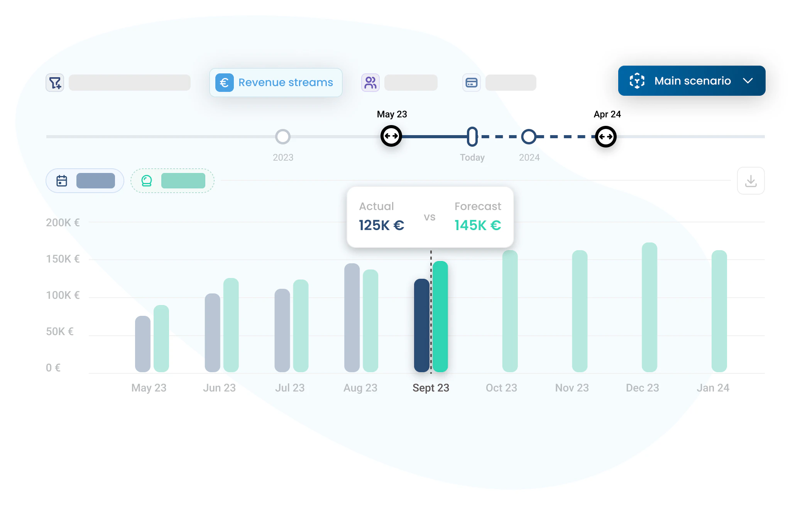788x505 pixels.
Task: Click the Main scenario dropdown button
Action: tap(692, 81)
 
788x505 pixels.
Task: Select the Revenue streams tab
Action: tap(276, 83)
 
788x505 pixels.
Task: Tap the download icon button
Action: tap(751, 181)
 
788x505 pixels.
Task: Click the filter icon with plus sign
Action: tap(55, 83)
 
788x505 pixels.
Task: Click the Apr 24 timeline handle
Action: tap(605, 137)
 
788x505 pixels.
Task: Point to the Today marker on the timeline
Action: tap(472, 137)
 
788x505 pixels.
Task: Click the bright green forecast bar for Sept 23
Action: tap(440, 317)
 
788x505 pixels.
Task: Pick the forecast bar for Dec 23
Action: tap(649, 307)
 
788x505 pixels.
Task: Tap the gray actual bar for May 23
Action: tap(143, 344)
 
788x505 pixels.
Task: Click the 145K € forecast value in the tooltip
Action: tap(478, 225)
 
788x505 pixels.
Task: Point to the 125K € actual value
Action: tap(381, 225)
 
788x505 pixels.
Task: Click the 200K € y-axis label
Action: tap(63, 223)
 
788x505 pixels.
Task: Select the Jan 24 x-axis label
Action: tap(713, 388)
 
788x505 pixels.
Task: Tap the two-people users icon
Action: tap(370, 83)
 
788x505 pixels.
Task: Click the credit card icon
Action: tap(472, 83)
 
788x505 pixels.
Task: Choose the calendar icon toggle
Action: tap(62, 181)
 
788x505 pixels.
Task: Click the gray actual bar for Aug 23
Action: tap(352, 318)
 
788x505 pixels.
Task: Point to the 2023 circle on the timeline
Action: tap(283, 137)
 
